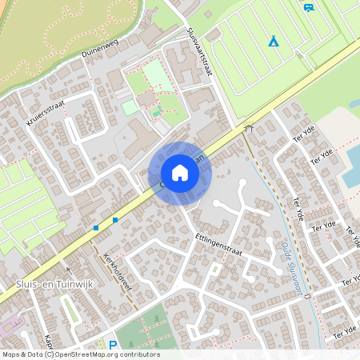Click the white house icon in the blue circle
(x=180, y=173)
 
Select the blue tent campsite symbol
(x=274, y=41)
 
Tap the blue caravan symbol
(x=309, y=8)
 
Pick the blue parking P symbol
(x=112, y=345)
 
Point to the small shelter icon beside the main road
(x=249, y=126)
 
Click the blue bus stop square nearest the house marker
(x=115, y=219)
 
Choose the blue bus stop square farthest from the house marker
(x=96, y=228)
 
